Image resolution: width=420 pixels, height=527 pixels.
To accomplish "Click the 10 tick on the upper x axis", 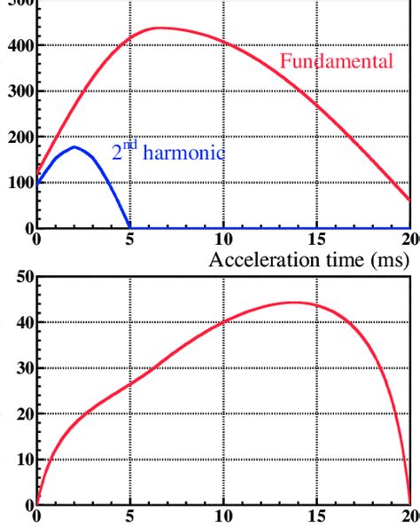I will pyautogui.click(x=223, y=239).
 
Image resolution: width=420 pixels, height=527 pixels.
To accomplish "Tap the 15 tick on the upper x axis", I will pyautogui.click(x=317, y=239).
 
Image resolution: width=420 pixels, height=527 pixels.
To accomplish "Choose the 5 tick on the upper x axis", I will pyautogui.click(x=129, y=239).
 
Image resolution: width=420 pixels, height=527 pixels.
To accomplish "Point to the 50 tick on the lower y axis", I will pyautogui.click(x=21, y=277).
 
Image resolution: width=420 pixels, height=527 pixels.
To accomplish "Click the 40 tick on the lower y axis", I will pyautogui.click(x=21, y=322).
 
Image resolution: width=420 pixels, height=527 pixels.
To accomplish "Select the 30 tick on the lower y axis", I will pyautogui.click(x=21, y=368).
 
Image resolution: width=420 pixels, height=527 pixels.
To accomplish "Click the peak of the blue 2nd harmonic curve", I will pyautogui.click(x=74, y=147).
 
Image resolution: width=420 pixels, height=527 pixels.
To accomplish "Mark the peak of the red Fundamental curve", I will pyautogui.click(x=158, y=28).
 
